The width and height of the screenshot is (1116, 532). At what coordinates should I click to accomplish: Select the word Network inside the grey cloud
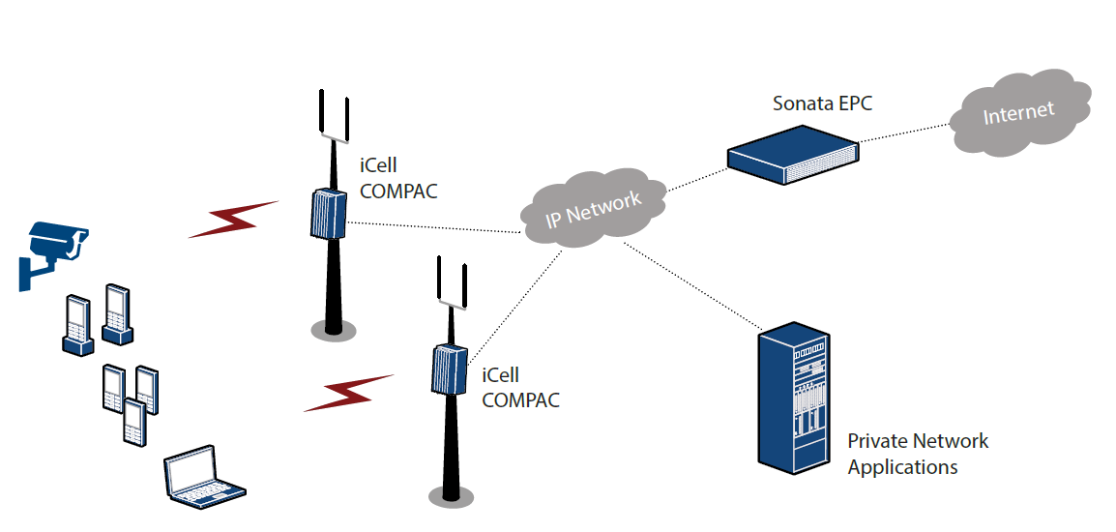[607, 203]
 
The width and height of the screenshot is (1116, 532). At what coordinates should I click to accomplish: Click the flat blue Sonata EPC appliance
[793, 155]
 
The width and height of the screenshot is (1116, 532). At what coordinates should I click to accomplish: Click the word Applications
[902, 467]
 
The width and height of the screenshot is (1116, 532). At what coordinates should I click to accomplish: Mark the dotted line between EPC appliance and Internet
[904, 133]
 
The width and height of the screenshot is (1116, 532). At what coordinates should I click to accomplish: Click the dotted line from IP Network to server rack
[691, 284]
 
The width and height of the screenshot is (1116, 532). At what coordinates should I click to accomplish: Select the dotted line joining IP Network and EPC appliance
[696, 176]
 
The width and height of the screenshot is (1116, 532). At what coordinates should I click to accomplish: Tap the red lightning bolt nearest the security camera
[232, 220]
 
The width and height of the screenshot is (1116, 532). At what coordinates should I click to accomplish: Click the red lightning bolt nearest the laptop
[348, 393]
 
